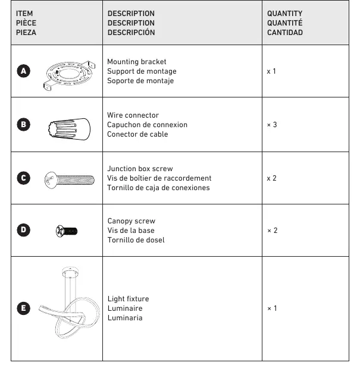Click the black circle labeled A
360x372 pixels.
(24, 71)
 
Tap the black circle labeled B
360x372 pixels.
(24, 124)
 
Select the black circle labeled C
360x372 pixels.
(24, 178)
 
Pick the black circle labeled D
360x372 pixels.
(24, 230)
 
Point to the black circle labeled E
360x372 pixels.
(24, 308)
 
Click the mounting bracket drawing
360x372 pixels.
(69, 75)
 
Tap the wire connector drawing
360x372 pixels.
(70, 129)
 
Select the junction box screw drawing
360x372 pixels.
(70, 180)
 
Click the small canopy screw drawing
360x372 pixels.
(67, 231)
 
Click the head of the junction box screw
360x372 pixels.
(51, 180)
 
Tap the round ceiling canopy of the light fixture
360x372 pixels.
(70, 272)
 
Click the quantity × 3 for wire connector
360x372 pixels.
(272, 125)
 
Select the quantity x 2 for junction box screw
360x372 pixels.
(271, 178)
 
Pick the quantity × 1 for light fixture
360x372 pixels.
(272, 308)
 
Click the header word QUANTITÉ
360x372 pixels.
(284, 23)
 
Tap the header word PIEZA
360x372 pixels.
(26, 33)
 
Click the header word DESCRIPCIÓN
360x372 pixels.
(131, 32)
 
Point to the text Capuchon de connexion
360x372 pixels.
(147, 125)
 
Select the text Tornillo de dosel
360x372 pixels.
(136, 240)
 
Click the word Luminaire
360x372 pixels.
(125, 308)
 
